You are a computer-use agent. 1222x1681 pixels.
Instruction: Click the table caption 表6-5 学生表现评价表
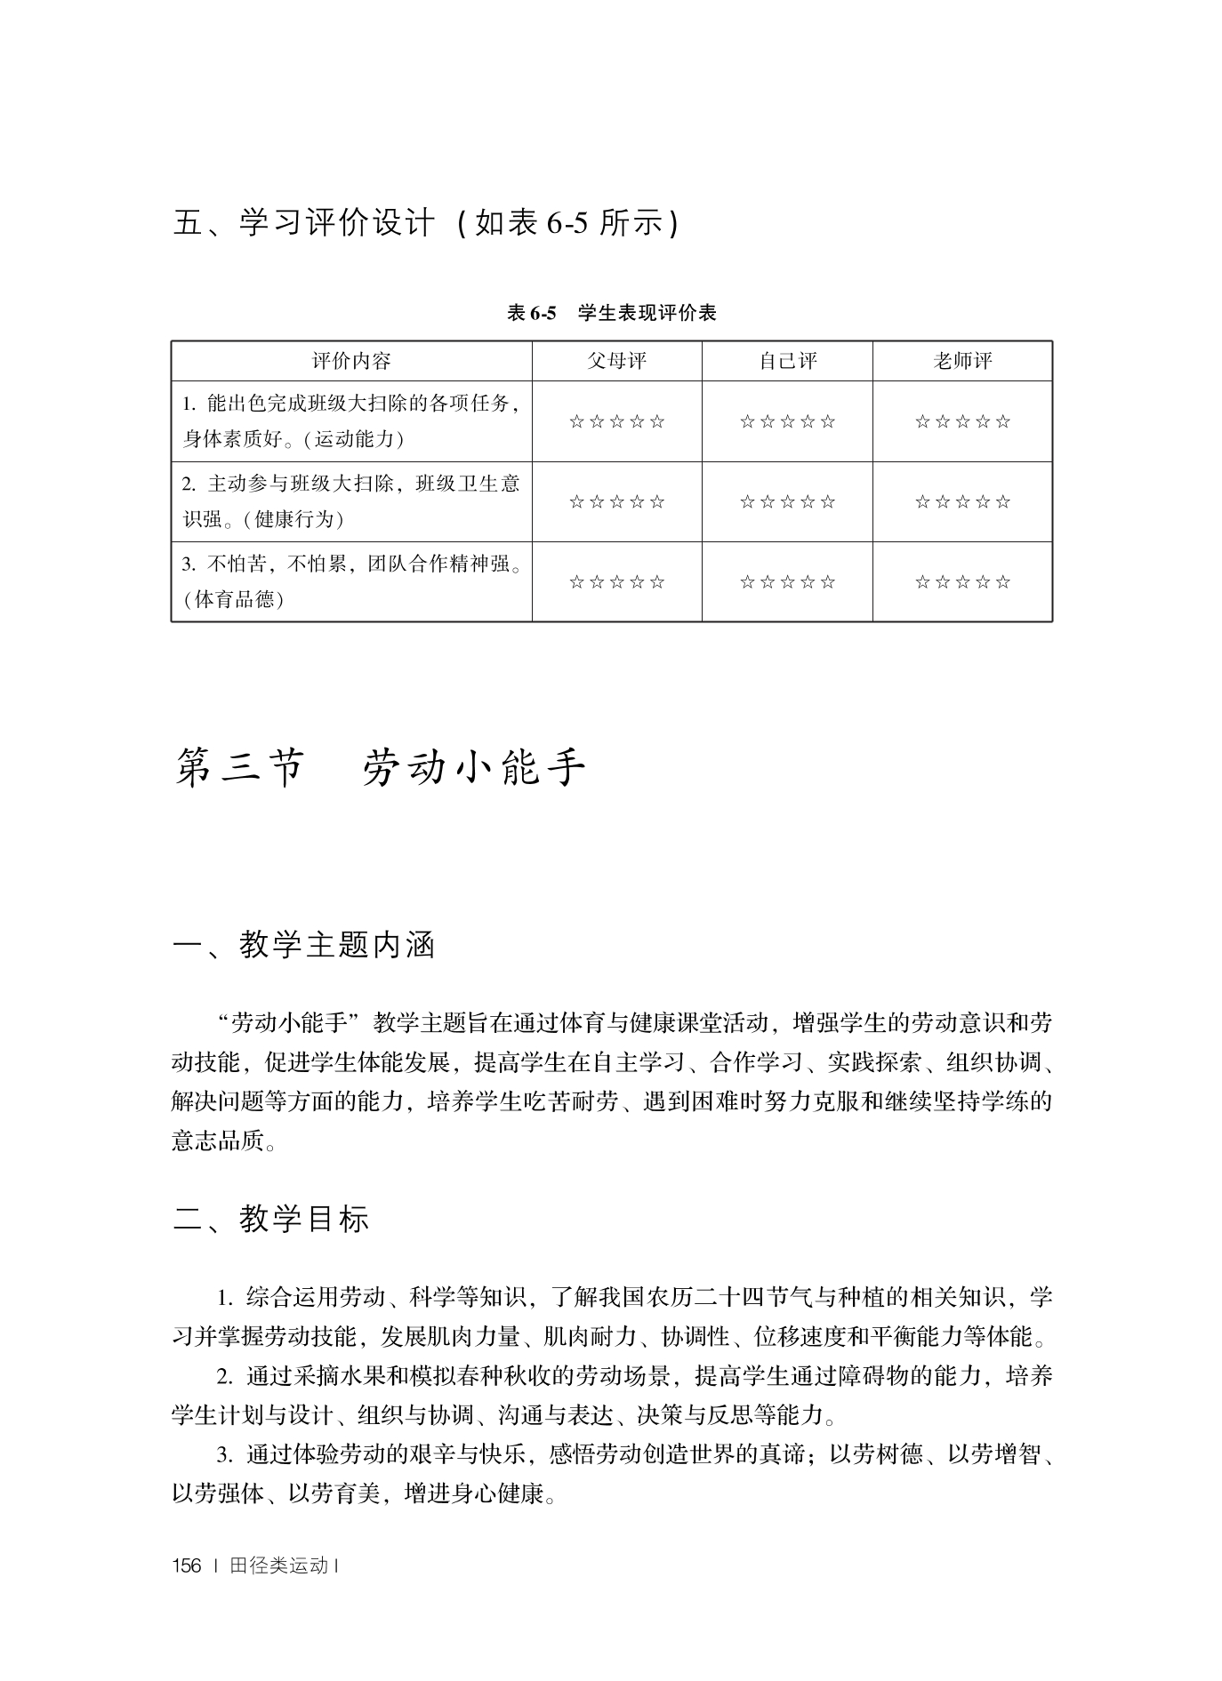611,313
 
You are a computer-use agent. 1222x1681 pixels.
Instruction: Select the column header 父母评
616,361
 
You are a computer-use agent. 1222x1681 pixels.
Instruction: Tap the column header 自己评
787,361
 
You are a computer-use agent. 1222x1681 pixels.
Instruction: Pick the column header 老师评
962,361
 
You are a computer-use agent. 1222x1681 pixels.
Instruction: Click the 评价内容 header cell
351,361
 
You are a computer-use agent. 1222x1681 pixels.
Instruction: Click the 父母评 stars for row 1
616,421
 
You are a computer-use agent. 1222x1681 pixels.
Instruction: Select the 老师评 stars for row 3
962,582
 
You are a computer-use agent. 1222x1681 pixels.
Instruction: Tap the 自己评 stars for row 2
787,502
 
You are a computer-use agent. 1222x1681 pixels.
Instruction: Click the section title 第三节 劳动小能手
381,768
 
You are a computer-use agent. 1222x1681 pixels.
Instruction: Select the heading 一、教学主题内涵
303,945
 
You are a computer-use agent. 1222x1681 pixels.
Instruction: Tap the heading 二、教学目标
270,1219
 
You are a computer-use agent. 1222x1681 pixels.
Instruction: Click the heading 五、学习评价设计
303,223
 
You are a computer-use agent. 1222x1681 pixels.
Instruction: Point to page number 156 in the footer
187,1566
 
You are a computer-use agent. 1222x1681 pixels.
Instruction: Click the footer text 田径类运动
278,1566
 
